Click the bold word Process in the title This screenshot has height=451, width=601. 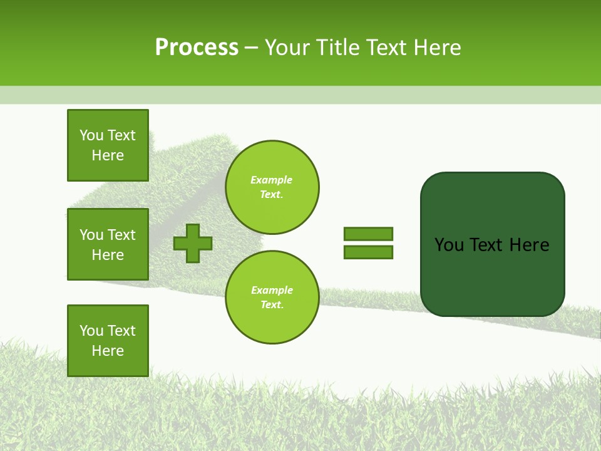(197, 47)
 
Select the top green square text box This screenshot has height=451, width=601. (108, 145)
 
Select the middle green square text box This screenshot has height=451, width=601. (108, 244)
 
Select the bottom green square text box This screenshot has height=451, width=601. (108, 341)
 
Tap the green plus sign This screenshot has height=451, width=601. (193, 243)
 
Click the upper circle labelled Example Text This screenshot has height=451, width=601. (272, 187)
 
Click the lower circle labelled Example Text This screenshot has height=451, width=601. (272, 298)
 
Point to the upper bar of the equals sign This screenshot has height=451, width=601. (368, 234)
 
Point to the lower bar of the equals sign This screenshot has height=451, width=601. (368, 252)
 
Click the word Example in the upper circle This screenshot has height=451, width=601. (271, 180)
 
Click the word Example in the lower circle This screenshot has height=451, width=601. (271, 290)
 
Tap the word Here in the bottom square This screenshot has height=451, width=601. (108, 351)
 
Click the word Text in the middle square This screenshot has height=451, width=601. (121, 235)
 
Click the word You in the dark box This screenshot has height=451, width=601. (448, 245)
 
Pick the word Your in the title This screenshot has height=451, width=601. (288, 47)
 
